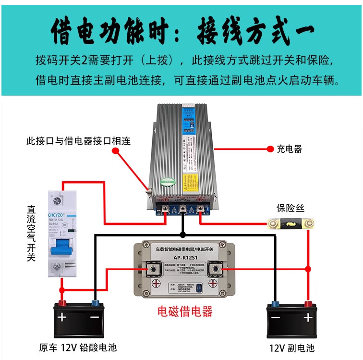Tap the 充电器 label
click(x=289, y=149)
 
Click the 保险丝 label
click(x=290, y=209)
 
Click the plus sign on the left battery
click(x=62, y=317)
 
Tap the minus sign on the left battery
click(x=94, y=317)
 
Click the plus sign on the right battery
click(x=307, y=317)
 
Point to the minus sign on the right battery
click(x=275, y=317)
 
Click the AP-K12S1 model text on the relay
click(x=182, y=258)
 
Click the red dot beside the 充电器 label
click(x=269, y=149)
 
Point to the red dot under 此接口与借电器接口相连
click(x=116, y=151)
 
